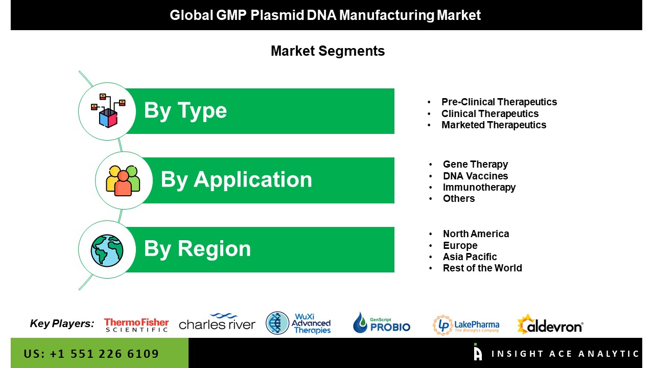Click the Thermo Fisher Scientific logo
pos(136,325)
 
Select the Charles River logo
pos(217,322)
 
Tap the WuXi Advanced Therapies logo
pos(298,324)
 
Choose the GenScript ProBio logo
pos(381,323)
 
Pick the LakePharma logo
pos(466,325)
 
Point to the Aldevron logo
pos(550,324)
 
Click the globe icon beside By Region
pos(107,250)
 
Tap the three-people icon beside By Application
pos(123,180)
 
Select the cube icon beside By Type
pos(108,111)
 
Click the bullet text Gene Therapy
pos(475,164)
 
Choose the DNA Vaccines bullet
pos(475,176)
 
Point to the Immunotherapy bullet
pos(479,187)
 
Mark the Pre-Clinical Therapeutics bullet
pos(499,102)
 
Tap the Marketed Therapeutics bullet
pos(494,125)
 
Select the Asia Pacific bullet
pos(470,257)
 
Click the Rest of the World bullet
pos(482,268)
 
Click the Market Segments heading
pos(328,51)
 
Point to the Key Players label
pos(62,324)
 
